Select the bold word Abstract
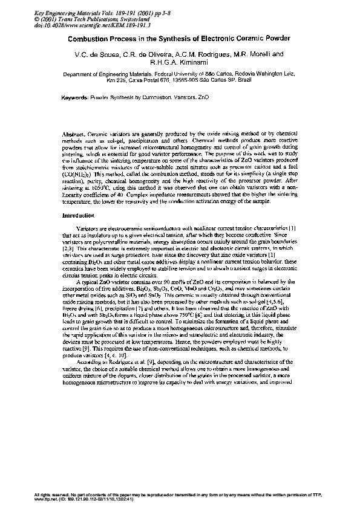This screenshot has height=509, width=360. click(74, 132)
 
